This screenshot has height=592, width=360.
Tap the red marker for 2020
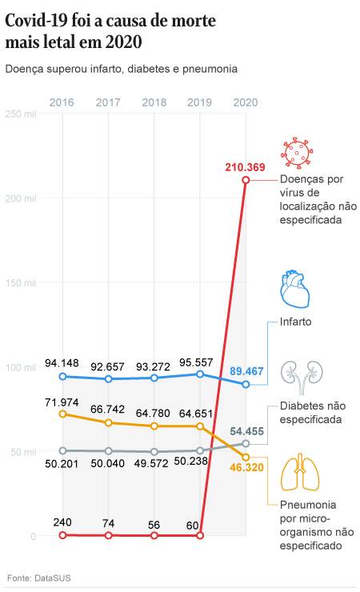click(246, 180)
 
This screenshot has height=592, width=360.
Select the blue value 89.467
click(248, 371)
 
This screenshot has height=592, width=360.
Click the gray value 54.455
click(248, 430)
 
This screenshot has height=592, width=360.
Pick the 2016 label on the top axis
click(62, 102)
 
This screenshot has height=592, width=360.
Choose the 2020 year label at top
click(245, 102)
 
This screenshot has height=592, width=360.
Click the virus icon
click(295, 152)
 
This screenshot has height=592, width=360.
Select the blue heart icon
click(295, 290)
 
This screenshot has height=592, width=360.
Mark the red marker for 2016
click(62, 535)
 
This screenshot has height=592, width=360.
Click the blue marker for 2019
click(200, 374)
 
